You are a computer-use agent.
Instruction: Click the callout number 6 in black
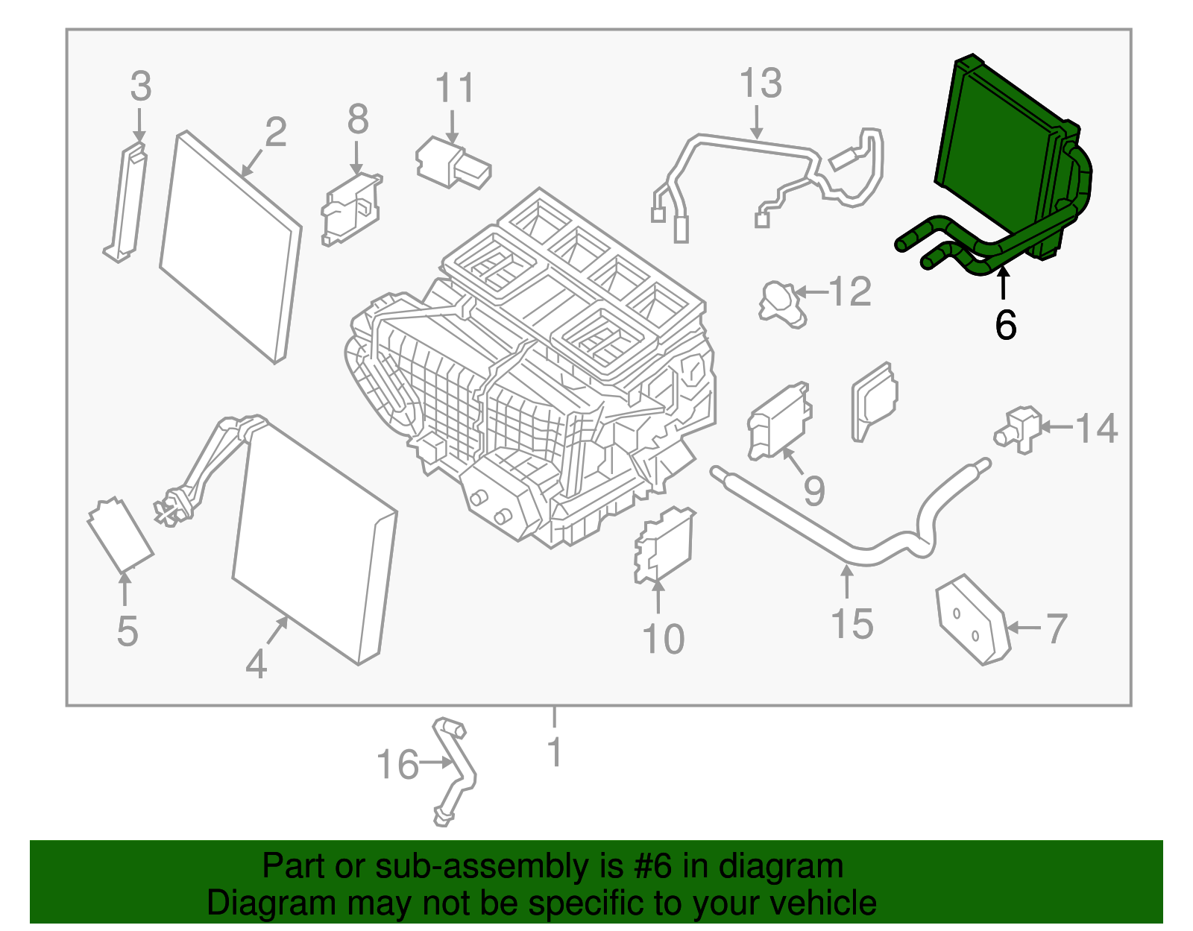pyautogui.click(x=1005, y=326)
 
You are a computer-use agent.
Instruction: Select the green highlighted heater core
pyautogui.click(x=992, y=149)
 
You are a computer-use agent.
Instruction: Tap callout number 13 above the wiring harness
pyautogui.click(x=760, y=83)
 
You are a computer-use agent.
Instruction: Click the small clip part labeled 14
pyautogui.click(x=1019, y=430)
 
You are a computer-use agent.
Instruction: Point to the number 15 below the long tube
pyautogui.click(x=852, y=624)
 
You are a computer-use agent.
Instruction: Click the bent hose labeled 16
pyautogui.click(x=456, y=771)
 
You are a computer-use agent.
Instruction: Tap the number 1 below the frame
pyautogui.click(x=554, y=753)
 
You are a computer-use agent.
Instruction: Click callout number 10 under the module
pyautogui.click(x=663, y=640)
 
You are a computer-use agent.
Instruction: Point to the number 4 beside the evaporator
pyautogui.click(x=256, y=663)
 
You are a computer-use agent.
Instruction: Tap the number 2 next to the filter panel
pyautogui.click(x=275, y=133)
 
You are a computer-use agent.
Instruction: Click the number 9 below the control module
pyautogui.click(x=813, y=491)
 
